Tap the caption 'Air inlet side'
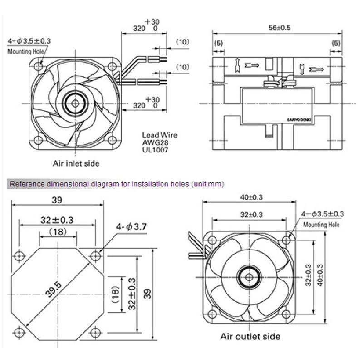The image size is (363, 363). pyautogui.click(x=76, y=163)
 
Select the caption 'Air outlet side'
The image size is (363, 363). pyautogui.click(x=250, y=336)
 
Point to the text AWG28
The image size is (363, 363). pyautogui.click(x=155, y=142)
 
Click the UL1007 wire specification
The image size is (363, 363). pyautogui.click(x=156, y=148)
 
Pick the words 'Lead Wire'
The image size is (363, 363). pyautogui.click(x=160, y=135)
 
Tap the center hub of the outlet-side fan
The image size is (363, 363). pyautogui.click(x=250, y=275)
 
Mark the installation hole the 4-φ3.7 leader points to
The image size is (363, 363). pyautogui.click(x=95, y=256)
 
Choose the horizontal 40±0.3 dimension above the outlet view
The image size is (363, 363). pyautogui.click(x=250, y=197)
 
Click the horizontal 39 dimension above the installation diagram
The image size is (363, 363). pyautogui.click(x=57, y=200)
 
